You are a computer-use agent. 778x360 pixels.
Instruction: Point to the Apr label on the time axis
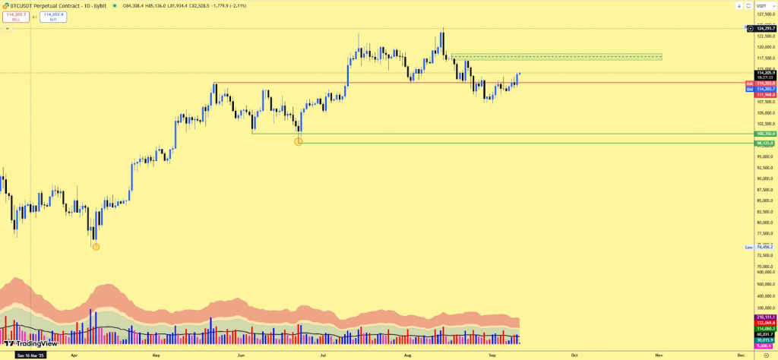(74, 355)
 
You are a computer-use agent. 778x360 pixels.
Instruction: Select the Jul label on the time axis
(323, 355)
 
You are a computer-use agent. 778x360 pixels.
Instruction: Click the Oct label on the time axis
(574, 355)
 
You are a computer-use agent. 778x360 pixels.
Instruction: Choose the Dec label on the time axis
(741, 355)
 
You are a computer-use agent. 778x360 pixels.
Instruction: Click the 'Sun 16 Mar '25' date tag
(28, 355)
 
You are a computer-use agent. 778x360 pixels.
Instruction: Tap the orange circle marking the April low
(96, 245)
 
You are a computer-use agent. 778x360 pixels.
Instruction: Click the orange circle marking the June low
(299, 141)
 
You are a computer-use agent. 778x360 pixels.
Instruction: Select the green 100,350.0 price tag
(764, 134)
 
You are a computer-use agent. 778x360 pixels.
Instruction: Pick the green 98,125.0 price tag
(764, 143)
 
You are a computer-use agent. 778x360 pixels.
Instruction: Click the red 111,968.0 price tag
(764, 95)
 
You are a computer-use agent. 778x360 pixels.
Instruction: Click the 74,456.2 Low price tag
(764, 247)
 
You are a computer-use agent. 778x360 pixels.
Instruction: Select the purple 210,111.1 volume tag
(764, 317)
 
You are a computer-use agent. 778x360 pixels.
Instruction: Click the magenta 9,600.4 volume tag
(764, 346)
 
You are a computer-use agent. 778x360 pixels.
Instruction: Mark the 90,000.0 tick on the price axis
(764, 178)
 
